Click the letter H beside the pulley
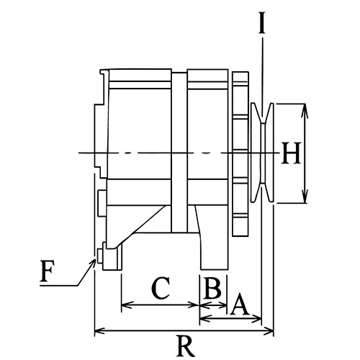(292, 153)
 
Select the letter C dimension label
(161, 288)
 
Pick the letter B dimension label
(212, 287)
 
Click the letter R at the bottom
(185, 346)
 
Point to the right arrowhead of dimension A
(256, 318)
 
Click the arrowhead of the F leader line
(93, 263)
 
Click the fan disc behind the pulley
(240, 153)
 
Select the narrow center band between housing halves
(179, 152)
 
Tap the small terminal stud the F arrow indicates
(100, 256)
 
